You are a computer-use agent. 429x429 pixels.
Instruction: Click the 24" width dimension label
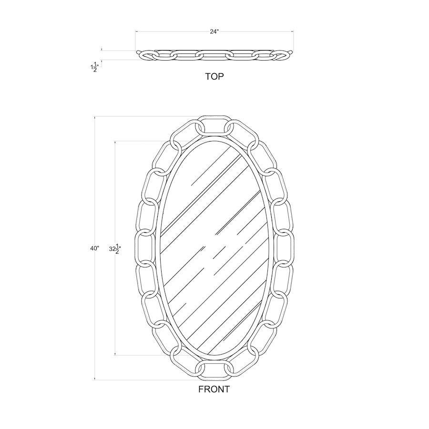point(214,32)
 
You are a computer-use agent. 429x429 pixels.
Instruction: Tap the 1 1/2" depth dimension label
point(93,67)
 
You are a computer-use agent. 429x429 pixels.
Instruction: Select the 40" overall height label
point(94,248)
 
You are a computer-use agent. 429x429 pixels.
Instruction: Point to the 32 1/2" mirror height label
point(115,249)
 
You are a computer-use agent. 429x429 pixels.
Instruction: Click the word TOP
point(214,77)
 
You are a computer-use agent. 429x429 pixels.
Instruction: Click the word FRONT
point(214,389)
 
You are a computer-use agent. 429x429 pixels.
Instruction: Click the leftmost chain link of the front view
point(136,249)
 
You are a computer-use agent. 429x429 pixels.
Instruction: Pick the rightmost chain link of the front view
point(293,249)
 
